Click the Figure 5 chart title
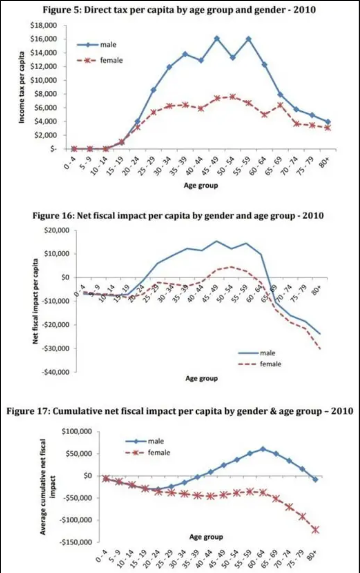click(x=179, y=9)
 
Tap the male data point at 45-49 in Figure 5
click(x=217, y=39)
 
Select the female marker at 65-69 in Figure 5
click(x=280, y=105)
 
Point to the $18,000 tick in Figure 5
click(x=43, y=25)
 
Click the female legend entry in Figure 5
click(x=111, y=60)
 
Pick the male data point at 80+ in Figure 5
click(x=328, y=122)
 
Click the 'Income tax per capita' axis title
click(x=22, y=87)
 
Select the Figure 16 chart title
click(x=178, y=216)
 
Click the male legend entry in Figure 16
click(x=267, y=353)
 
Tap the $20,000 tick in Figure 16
click(x=57, y=230)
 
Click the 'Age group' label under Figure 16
click(x=201, y=378)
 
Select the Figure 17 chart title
click(x=180, y=411)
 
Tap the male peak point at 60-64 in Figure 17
click(x=263, y=449)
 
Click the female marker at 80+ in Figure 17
click(x=315, y=530)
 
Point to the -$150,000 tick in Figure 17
click(x=77, y=542)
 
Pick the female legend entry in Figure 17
click(x=159, y=453)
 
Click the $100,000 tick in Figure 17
click(x=77, y=431)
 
